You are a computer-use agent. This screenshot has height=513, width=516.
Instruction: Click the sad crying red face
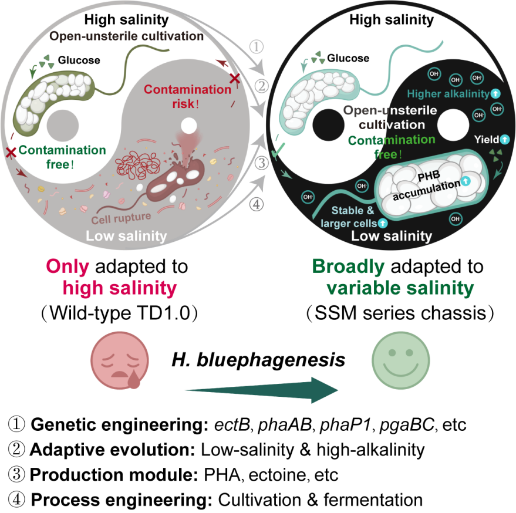(119, 360)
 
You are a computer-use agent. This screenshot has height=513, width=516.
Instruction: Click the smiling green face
(401, 360)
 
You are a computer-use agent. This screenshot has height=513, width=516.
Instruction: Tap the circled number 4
(257, 204)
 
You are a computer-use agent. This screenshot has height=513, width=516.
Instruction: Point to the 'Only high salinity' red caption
(112, 277)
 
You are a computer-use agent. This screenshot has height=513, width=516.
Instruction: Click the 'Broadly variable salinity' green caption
(392, 277)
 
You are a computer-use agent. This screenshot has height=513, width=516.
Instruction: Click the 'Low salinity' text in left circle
(126, 236)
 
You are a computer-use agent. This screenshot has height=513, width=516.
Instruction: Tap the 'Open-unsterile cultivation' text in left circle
(126, 36)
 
